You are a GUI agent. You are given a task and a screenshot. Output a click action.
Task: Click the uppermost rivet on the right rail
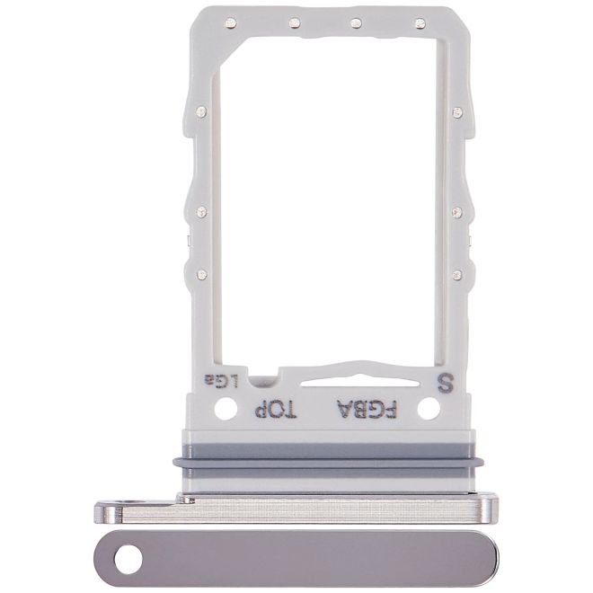coord(457,112)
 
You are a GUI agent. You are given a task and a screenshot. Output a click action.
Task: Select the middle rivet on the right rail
coord(457,212)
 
